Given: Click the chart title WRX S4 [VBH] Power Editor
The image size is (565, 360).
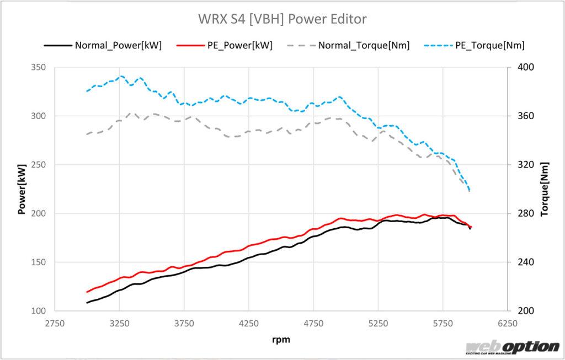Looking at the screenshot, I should (x=282, y=19).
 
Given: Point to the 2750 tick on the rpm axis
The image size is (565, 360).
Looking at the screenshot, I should (x=55, y=323).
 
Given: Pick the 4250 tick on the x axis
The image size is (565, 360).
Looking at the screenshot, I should (x=249, y=323).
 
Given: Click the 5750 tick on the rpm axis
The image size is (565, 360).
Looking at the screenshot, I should (x=443, y=323).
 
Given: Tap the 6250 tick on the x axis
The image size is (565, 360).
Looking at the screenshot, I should (x=508, y=323).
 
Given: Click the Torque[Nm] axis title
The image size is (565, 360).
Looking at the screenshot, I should (x=545, y=189).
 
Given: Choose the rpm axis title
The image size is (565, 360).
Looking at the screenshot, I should (x=281, y=340).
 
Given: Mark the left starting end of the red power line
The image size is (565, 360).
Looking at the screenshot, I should (x=87, y=292).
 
